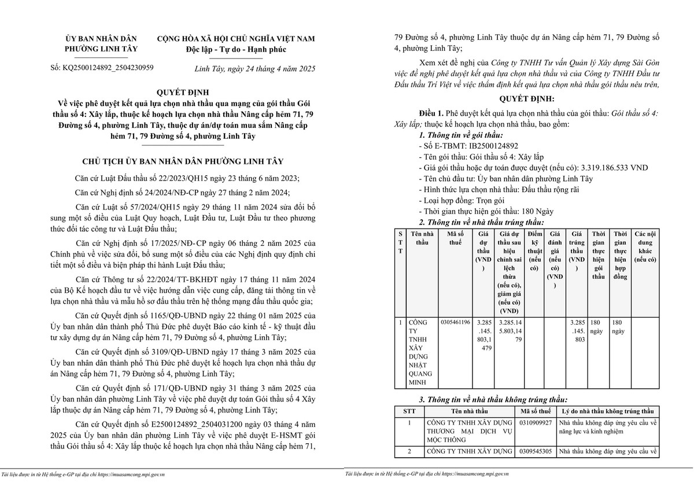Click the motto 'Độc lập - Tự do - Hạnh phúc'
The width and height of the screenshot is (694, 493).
[x=236, y=49]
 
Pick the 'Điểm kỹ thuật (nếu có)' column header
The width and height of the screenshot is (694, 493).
[x=535, y=251]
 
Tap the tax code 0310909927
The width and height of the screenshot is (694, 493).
[x=536, y=423]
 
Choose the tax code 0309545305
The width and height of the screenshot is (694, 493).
[x=536, y=451]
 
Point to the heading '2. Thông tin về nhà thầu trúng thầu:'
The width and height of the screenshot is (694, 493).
[x=481, y=222]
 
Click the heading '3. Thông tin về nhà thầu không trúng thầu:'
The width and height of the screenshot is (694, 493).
[x=493, y=400]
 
